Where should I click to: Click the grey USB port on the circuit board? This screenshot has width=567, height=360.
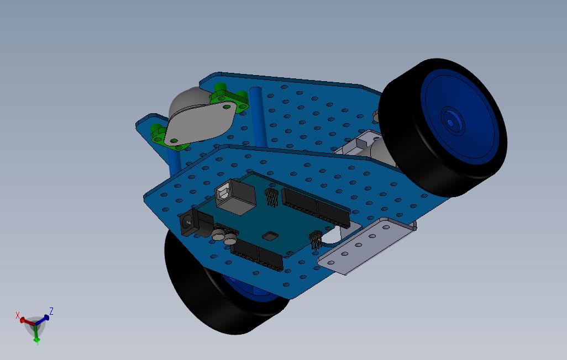237,198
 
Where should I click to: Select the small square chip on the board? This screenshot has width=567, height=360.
270,236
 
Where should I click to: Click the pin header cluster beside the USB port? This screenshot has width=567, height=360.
271,197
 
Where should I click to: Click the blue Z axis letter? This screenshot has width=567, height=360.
51,311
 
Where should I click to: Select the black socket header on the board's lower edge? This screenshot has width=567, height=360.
257,255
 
